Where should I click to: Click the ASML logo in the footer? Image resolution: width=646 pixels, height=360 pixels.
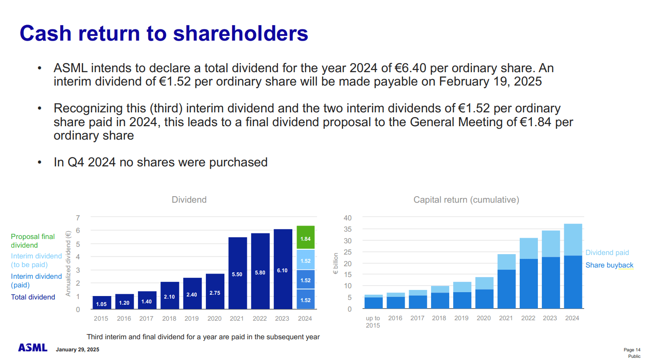(x=32, y=347)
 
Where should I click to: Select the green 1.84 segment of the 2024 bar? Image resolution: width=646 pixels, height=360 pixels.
(x=305, y=238)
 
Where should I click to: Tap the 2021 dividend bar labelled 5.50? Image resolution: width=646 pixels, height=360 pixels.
(x=237, y=273)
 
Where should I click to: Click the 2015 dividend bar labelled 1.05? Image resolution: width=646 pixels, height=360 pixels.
(x=102, y=303)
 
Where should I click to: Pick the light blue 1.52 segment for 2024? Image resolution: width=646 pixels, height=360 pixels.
(x=305, y=260)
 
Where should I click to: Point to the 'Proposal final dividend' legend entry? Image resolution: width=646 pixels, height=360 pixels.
(x=32, y=241)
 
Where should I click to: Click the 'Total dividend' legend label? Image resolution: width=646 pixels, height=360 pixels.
(x=33, y=297)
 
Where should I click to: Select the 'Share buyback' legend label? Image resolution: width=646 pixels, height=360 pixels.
(x=609, y=265)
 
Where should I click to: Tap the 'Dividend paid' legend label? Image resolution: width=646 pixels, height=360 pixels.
(x=607, y=252)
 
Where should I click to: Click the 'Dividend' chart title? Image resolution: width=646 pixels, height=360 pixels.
(x=189, y=200)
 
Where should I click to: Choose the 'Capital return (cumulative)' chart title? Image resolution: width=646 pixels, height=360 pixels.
(x=466, y=200)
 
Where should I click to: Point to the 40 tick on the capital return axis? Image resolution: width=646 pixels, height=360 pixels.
(x=348, y=218)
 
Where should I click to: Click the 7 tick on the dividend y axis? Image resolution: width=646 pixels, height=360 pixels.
(x=78, y=218)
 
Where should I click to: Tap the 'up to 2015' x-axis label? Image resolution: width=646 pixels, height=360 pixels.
(x=373, y=322)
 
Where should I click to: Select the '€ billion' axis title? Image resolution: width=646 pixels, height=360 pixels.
(x=336, y=264)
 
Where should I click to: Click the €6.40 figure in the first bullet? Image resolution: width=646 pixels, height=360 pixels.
(x=410, y=68)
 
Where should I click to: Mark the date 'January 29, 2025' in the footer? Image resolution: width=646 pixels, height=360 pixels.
(x=77, y=350)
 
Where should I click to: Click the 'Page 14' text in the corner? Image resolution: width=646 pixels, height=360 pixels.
(x=632, y=350)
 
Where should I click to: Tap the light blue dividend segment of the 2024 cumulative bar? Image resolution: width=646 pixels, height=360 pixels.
(x=572, y=239)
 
